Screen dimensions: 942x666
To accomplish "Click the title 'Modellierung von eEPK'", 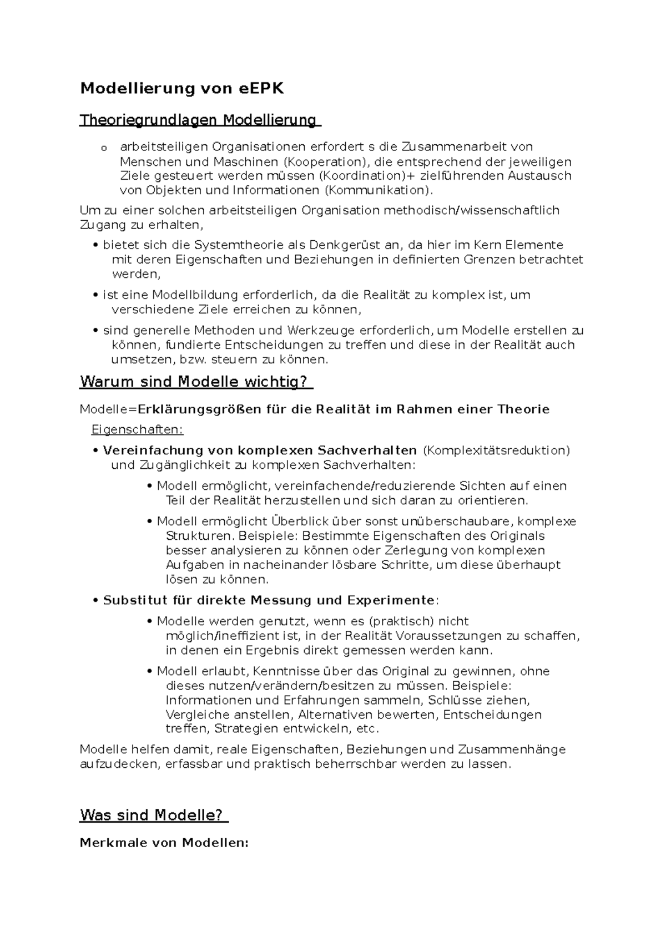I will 181,89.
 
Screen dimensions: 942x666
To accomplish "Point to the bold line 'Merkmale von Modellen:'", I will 164,843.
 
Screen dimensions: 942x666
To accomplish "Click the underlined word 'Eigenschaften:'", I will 137,430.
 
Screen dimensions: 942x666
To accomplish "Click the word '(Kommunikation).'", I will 377,190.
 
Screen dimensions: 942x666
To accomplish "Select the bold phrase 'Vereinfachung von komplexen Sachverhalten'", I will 259,450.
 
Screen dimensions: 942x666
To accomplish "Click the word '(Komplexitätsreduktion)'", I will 496,450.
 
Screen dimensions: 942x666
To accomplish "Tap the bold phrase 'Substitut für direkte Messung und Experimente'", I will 269,600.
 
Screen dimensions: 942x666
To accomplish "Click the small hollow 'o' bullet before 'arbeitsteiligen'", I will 103,148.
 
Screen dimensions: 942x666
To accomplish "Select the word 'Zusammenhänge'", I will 512,749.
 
